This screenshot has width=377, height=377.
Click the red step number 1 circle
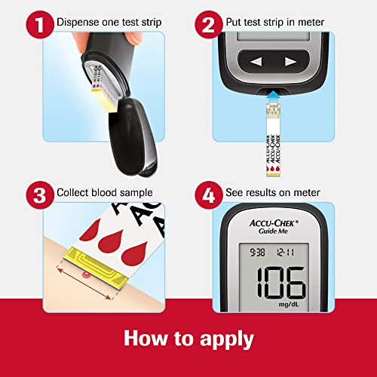coord(35,23)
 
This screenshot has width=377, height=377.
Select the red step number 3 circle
coord(35,192)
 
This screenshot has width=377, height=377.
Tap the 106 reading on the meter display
coord(280,284)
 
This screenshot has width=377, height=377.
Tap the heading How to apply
coord(188,336)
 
